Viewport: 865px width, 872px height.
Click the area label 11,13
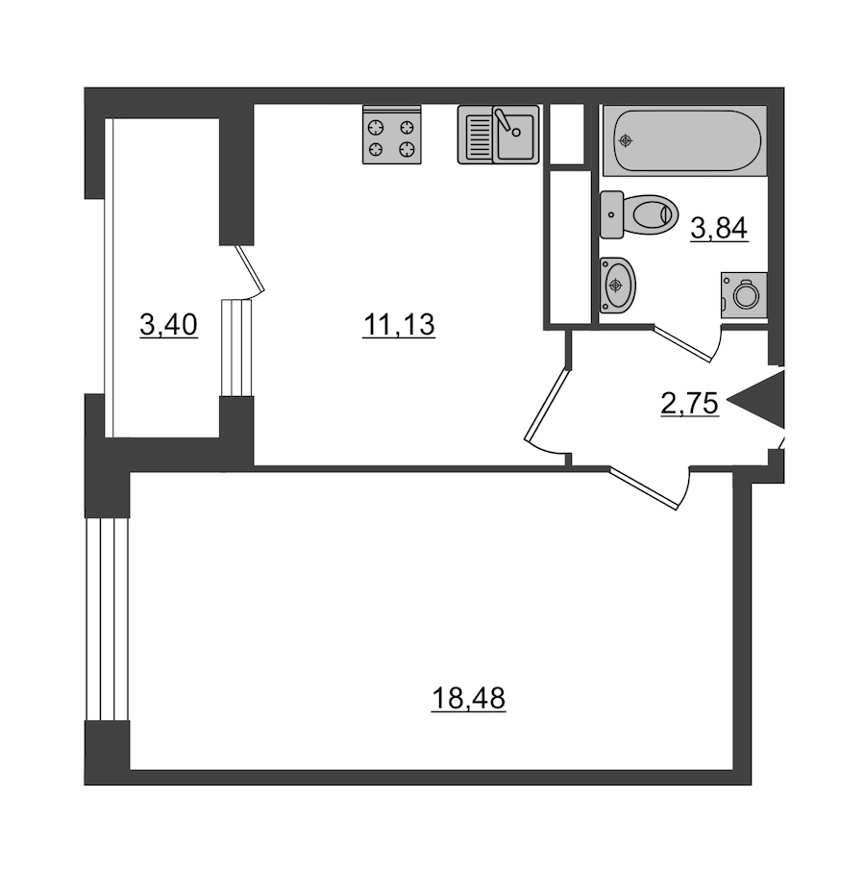pyautogui.click(x=399, y=325)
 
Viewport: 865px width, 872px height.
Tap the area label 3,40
pyautogui.click(x=168, y=325)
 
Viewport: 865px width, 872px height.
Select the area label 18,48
pyautogui.click(x=468, y=699)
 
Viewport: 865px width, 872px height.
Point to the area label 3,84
pyautogui.click(x=719, y=228)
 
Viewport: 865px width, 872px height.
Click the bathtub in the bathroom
pyautogui.click(x=685, y=140)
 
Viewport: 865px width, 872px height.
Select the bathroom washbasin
pyautogui.click(x=618, y=286)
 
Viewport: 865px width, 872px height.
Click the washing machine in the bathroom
pyautogui.click(x=744, y=295)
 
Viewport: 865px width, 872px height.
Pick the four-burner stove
pyautogui.click(x=392, y=135)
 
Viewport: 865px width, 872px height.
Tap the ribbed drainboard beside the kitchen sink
pyautogui.click(x=476, y=135)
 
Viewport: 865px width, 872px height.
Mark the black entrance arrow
pyautogui.click(x=755, y=399)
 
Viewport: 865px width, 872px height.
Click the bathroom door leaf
pyautogui.click(x=682, y=343)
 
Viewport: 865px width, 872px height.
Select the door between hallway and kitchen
pyautogui.click(x=547, y=405)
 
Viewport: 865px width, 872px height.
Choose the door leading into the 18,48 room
pyautogui.click(x=645, y=488)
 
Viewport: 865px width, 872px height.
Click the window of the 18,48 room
pyautogui.click(x=107, y=619)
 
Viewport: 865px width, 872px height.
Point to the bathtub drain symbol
pyautogui.click(x=626, y=140)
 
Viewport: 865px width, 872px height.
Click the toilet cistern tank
pyautogui.click(x=611, y=214)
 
